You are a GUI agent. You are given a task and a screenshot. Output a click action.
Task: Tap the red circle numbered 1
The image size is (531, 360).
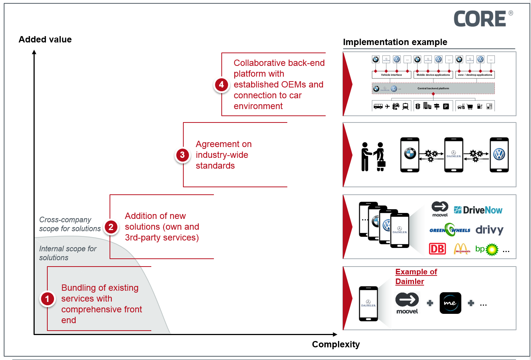click(47, 299)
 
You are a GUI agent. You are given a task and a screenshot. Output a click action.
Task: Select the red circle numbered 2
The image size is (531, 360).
click(111, 227)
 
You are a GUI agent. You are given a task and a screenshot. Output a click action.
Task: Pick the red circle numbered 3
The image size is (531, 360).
click(182, 155)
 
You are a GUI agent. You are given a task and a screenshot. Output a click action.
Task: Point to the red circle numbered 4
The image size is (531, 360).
click(221, 85)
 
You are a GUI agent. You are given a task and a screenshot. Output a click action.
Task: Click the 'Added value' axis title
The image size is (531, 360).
click(45, 39)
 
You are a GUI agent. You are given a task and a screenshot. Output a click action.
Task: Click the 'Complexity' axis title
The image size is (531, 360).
click(336, 344)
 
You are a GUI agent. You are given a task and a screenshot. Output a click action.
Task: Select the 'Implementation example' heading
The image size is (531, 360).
click(395, 42)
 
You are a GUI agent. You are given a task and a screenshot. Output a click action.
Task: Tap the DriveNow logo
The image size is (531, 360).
click(478, 210)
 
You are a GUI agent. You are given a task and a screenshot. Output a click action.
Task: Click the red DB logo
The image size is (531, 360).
click(437, 249)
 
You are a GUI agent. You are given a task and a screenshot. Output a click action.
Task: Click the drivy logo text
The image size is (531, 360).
click(489, 230)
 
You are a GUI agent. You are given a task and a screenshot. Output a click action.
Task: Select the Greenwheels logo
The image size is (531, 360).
click(450, 230)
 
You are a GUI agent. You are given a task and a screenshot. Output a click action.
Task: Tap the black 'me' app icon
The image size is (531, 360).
click(450, 303)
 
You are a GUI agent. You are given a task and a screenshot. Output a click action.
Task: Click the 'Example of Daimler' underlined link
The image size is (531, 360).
click(416, 277)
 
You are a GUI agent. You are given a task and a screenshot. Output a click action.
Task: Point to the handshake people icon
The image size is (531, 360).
click(373, 157)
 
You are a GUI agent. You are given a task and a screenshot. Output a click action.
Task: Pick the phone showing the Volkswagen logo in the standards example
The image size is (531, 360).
click(499, 155)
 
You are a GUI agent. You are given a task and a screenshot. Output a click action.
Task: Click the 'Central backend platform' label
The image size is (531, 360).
click(433, 89)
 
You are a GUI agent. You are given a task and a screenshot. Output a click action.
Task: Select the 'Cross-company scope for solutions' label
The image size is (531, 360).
click(70, 224)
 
